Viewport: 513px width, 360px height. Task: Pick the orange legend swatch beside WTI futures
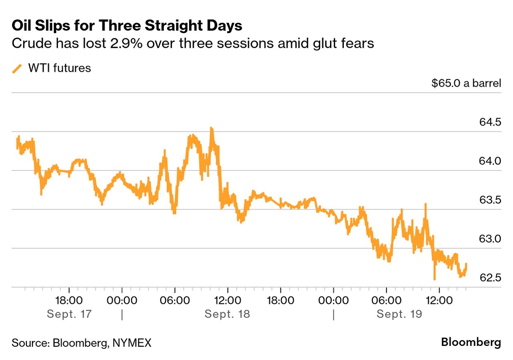17,68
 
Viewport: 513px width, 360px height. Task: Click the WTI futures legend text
59,68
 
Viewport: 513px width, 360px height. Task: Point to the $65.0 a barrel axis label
466,83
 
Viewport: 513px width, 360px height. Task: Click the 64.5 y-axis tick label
490,122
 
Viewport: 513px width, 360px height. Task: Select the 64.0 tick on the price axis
490,161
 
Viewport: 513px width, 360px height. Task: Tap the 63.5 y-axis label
490,200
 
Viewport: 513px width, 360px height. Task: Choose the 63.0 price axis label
490,239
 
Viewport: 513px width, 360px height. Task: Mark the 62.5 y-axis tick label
490,278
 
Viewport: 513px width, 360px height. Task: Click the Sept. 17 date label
69,314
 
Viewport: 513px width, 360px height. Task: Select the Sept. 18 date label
227,314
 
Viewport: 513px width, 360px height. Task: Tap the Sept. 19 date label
399,314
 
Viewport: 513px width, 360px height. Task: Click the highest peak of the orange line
211,128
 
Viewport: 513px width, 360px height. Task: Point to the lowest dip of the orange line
434,279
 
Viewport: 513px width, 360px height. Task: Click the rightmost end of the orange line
467,264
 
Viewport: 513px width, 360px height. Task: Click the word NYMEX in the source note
132,343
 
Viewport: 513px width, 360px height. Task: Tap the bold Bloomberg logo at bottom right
471,343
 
